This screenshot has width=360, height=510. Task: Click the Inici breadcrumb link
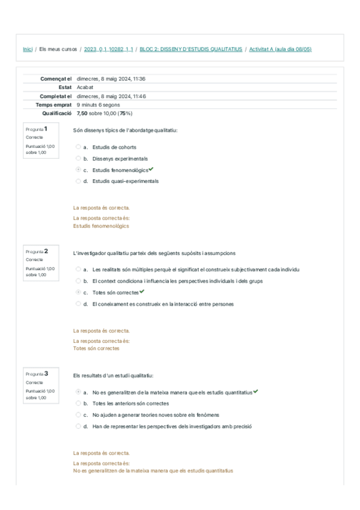point(28,49)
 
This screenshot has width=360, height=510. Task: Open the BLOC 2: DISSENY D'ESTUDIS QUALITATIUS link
point(191,49)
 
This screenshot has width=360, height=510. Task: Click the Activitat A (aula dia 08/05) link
point(280,49)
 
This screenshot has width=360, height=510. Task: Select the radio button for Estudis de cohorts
point(78,147)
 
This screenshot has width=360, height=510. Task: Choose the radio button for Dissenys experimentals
point(78,159)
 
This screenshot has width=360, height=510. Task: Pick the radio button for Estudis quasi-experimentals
point(78,181)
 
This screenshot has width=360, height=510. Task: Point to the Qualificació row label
point(57,113)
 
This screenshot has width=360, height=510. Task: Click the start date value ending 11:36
point(111,79)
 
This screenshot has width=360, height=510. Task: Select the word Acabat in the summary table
point(85,87)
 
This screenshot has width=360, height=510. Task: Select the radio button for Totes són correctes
point(78,292)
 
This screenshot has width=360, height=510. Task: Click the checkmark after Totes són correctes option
point(142,292)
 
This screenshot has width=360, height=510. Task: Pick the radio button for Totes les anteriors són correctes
point(78,404)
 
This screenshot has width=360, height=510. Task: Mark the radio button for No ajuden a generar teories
point(78,415)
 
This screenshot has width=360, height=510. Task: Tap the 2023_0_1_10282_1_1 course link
point(109,49)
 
